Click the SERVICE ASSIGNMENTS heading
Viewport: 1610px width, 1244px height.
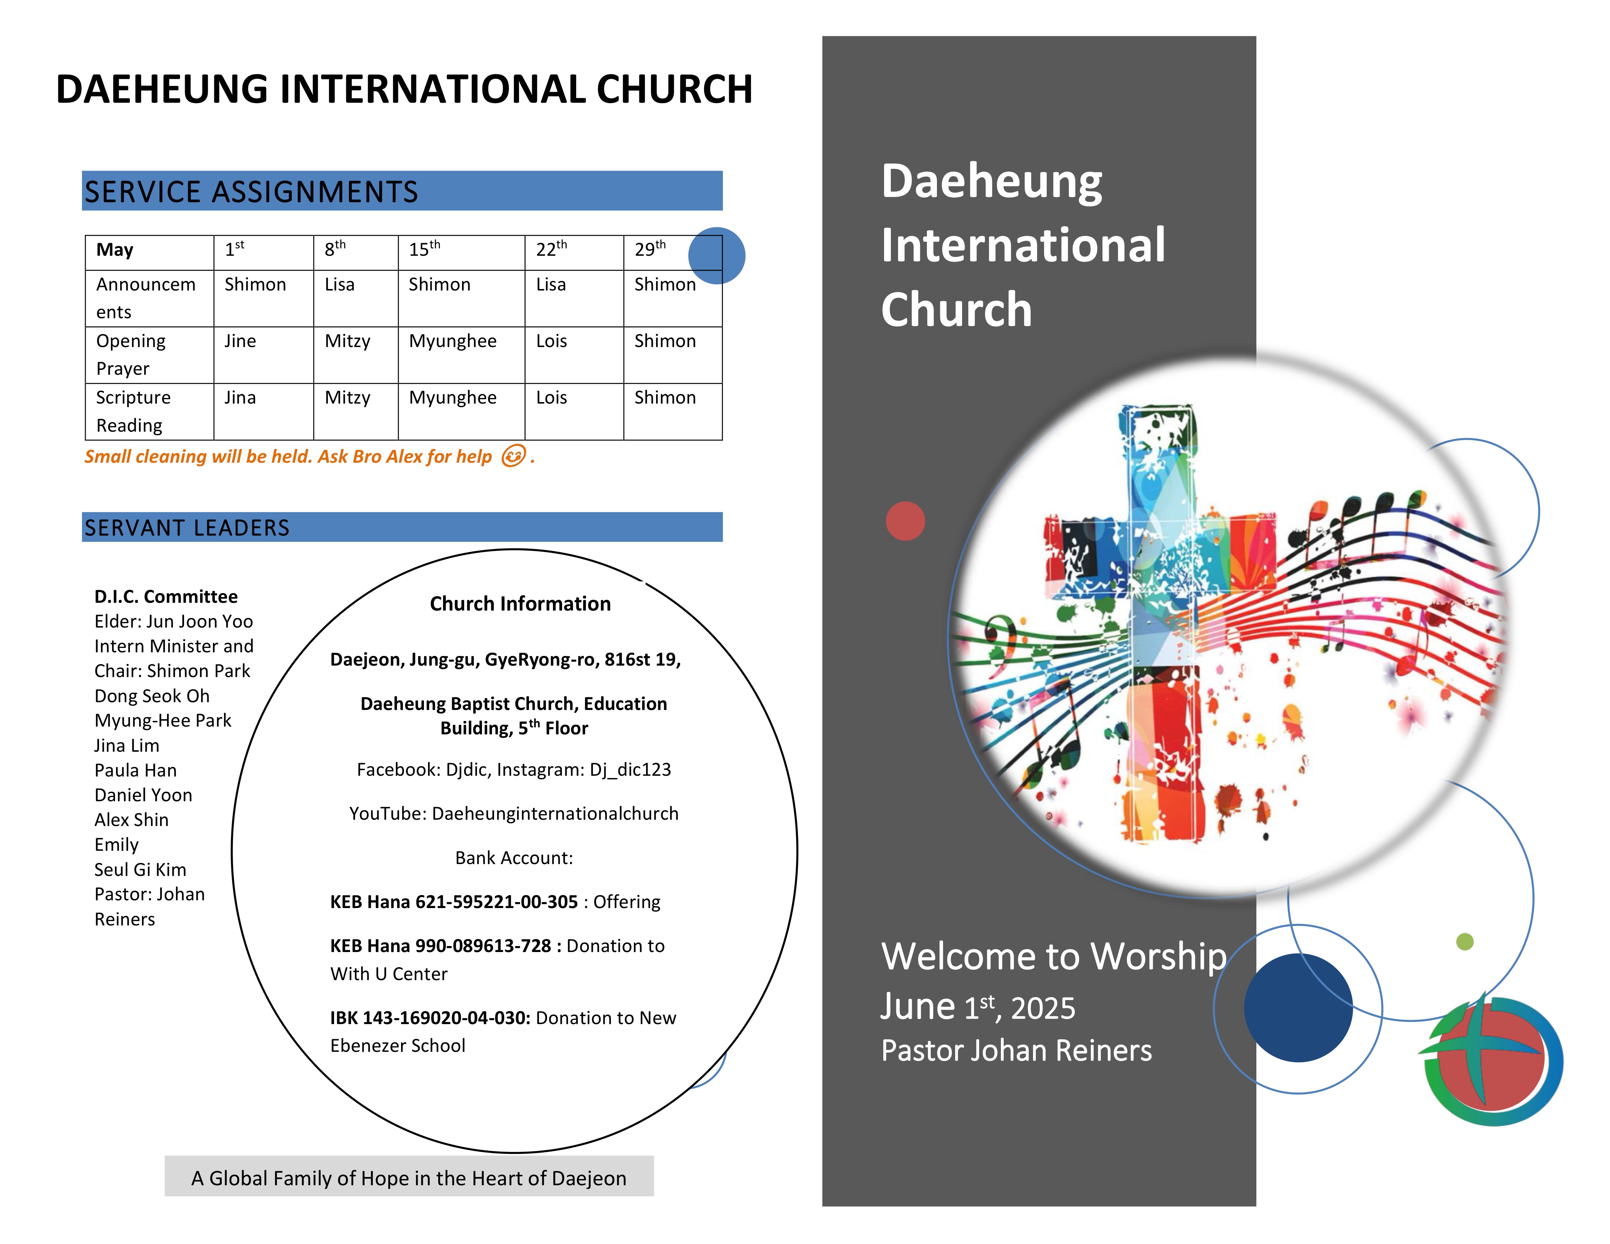coord(251,191)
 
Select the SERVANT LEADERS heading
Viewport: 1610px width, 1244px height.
coord(187,528)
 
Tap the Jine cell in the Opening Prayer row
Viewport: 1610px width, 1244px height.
coord(240,341)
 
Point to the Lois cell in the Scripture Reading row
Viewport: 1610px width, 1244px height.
coord(551,398)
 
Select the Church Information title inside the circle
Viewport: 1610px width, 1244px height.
coord(520,604)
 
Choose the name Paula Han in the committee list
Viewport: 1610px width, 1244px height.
coord(136,770)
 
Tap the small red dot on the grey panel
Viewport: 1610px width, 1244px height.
coord(905,521)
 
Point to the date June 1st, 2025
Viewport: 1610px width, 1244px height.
coord(978,1007)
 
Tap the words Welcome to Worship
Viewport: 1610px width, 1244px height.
coord(1054,956)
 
